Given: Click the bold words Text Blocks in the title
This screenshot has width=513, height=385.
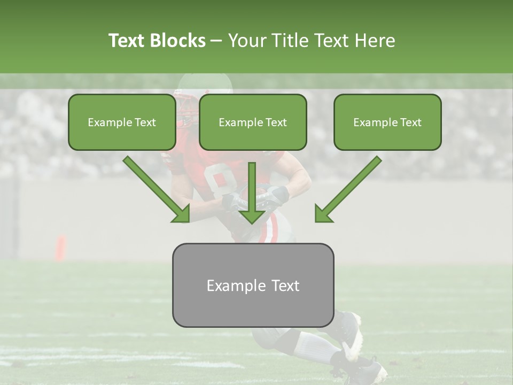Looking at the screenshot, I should pos(157,41).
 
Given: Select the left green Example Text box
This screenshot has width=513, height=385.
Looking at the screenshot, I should pos(122,122).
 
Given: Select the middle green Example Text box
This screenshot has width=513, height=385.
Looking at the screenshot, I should pos(253,122).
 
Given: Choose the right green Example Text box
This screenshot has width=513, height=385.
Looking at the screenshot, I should pos(387,122).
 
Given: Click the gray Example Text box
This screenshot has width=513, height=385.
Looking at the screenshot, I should pos(253,285).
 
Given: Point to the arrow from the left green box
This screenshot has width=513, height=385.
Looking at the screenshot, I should pos(155,188).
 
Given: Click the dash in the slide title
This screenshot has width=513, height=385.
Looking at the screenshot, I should pos(216,41).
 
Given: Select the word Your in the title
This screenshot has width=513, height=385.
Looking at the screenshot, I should pos(247,41).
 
